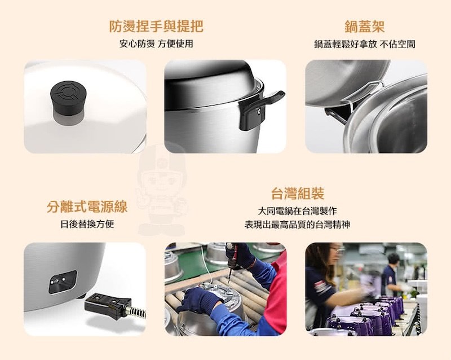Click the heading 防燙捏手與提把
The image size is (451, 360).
(x=156, y=27)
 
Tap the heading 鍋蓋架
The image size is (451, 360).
(x=364, y=27)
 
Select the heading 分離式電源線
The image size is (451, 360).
(x=87, y=207)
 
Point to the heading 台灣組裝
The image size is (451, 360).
(x=298, y=193)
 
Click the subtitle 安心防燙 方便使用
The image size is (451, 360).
(x=156, y=44)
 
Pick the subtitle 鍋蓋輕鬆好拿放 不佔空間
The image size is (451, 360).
(x=364, y=44)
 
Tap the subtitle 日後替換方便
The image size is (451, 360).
(x=87, y=224)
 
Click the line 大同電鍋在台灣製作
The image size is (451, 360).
(x=298, y=211)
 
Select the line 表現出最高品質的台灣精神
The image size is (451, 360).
(x=298, y=225)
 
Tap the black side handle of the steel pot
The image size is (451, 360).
(x=258, y=109)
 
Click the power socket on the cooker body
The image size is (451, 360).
(x=63, y=282)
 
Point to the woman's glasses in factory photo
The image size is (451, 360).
(x=337, y=249)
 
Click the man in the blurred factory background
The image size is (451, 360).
(x=391, y=274)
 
